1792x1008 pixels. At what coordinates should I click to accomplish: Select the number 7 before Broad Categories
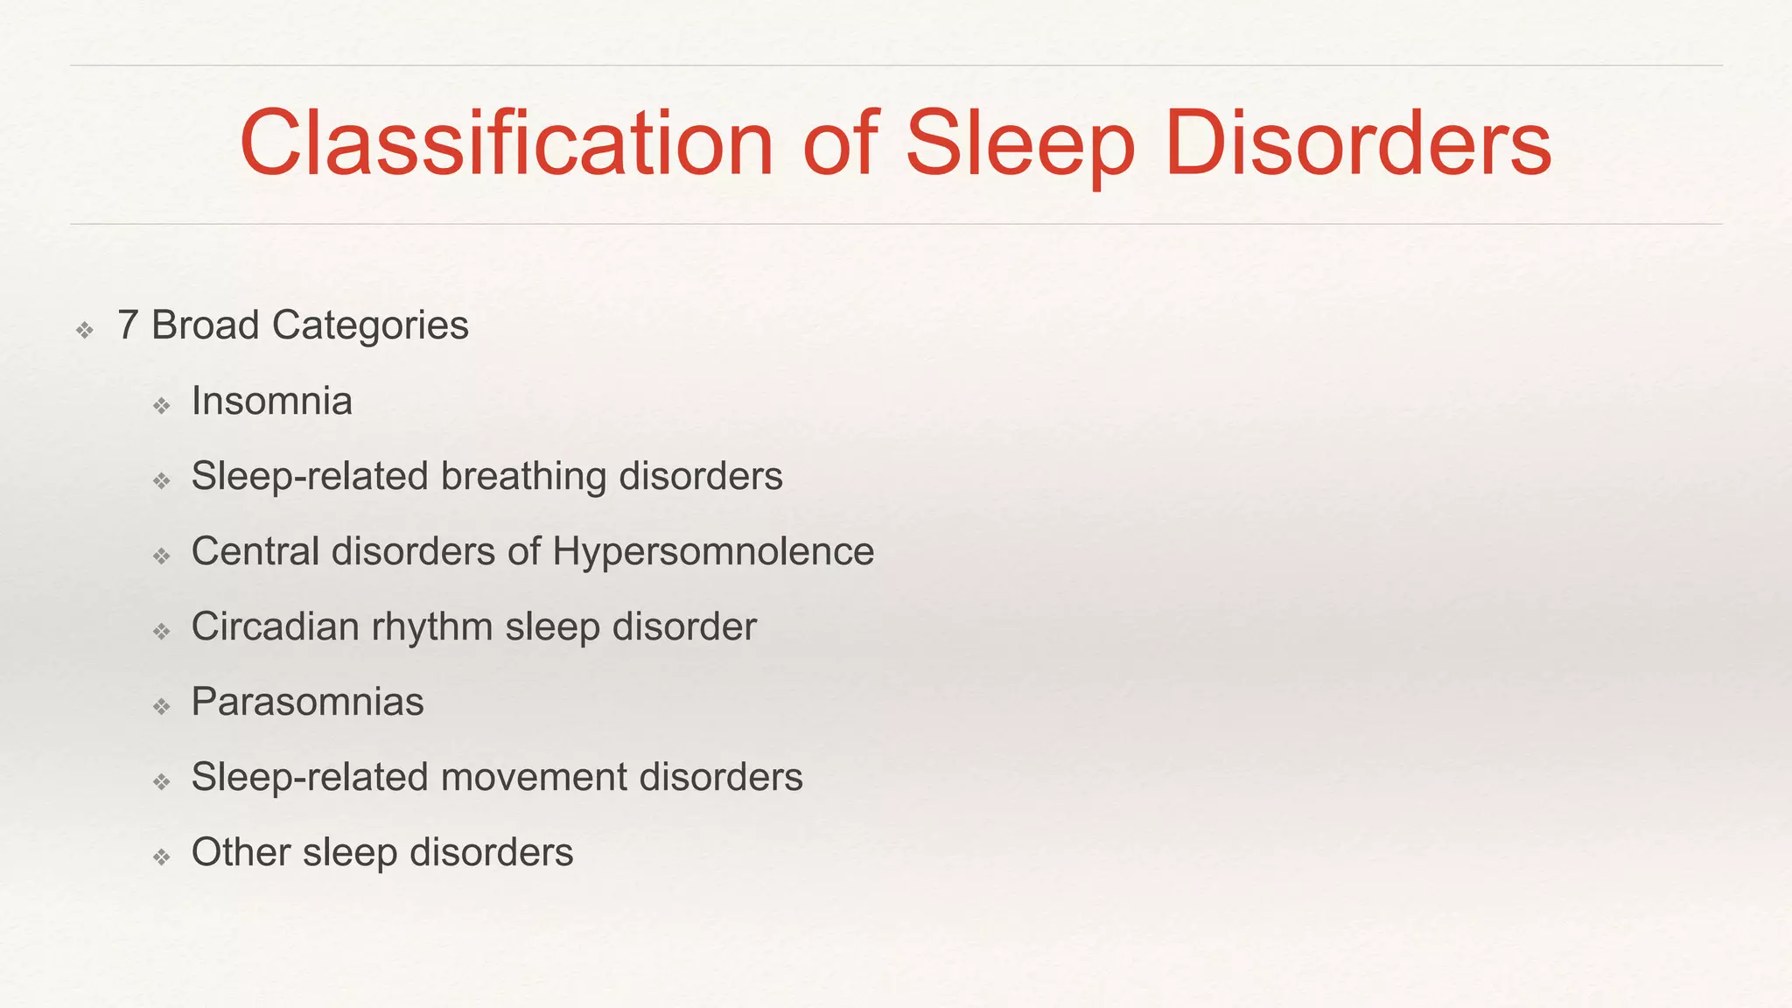point(128,325)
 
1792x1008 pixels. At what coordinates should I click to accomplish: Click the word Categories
point(370,326)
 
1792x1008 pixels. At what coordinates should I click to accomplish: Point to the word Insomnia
point(272,402)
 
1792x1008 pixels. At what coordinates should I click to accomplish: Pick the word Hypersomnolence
point(713,552)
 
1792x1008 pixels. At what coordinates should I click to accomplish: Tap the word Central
point(255,552)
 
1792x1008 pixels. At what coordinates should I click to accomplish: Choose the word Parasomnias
point(307,702)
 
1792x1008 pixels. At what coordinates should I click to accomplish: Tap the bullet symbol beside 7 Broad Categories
point(85,330)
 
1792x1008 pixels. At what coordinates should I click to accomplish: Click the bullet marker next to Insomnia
point(161,405)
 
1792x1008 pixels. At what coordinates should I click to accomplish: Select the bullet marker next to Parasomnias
point(161,706)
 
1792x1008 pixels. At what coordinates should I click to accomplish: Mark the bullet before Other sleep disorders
point(161,857)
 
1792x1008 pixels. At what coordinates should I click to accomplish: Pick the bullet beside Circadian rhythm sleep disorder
point(161,631)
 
